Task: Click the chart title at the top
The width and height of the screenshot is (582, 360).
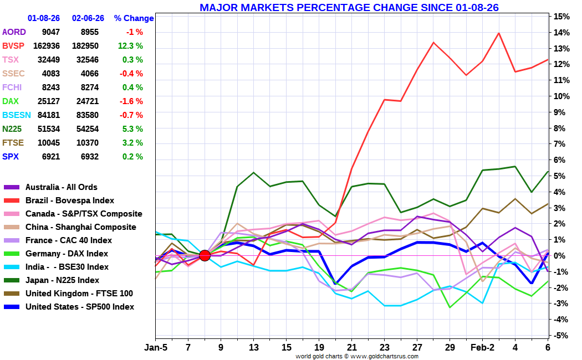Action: pos(349,7)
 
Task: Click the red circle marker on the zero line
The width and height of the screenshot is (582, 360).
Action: pos(205,255)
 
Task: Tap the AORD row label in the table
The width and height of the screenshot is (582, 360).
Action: pos(14,32)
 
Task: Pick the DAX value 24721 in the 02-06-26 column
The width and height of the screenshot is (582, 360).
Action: pos(88,101)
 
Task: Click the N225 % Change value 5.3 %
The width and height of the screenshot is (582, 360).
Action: pos(132,129)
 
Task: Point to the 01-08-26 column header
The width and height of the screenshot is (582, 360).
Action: pos(43,18)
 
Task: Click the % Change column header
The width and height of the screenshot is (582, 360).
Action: pos(134,18)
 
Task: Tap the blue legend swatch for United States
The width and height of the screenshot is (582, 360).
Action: pos(12,307)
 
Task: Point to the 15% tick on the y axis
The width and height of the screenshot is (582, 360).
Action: pos(561,16)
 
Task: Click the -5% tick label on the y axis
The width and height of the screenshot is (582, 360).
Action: pos(560,336)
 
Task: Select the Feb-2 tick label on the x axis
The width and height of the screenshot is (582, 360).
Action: pos(483,347)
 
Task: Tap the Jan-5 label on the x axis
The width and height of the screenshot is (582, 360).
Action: pos(156,347)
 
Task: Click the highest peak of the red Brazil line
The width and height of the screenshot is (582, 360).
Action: pos(498,33)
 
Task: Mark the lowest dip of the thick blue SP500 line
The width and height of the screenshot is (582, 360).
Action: pos(336,283)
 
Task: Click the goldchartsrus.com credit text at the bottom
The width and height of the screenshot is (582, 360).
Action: pos(357,356)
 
